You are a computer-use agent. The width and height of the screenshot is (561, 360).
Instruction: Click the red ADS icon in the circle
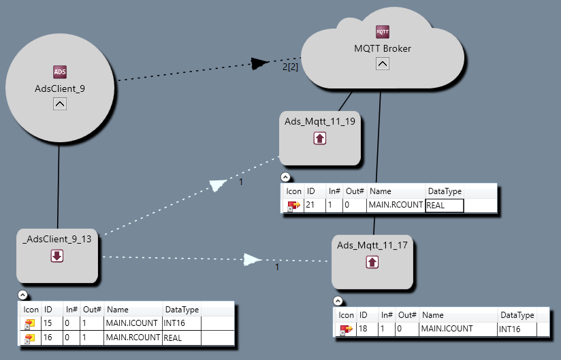click(60, 72)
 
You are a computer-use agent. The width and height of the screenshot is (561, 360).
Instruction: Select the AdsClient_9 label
click(60, 88)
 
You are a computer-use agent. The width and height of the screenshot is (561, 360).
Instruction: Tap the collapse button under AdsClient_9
click(60, 104)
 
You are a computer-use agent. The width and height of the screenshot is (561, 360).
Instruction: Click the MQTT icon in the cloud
click(383, 32)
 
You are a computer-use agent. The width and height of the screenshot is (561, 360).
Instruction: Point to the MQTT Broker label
click(383, 48)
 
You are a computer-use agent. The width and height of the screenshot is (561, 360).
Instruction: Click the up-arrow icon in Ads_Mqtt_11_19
click(320, 138)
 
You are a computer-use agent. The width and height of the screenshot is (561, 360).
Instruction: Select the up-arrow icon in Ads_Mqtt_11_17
click(372, 261)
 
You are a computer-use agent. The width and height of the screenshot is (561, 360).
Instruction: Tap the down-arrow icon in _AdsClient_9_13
click(57, 256)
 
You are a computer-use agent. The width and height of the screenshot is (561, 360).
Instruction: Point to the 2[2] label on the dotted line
click(291, 67)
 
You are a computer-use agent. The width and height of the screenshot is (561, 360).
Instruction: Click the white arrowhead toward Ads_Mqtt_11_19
click(218, 185)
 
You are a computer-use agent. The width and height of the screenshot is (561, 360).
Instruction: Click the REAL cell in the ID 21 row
click(444, 206)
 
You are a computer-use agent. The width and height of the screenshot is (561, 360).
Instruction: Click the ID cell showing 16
click(48, 338)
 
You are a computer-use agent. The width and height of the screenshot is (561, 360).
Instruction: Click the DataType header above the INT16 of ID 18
click(515, 315)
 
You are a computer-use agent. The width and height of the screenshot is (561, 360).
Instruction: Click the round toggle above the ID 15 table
click(23, 295)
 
